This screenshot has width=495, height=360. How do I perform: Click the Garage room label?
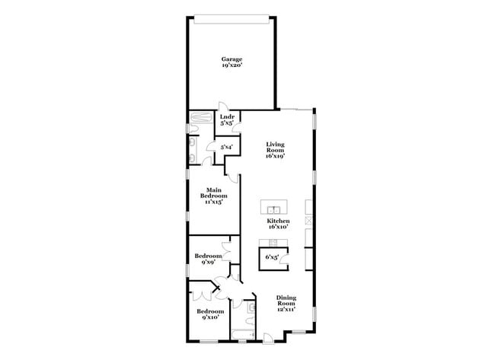(232, 59)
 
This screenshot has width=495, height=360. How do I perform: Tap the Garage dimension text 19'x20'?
(232, 65)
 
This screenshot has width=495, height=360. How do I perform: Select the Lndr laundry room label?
(226, 116)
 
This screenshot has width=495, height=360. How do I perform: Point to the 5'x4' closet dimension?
(226, 146)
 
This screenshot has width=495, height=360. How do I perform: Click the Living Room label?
(275, 148)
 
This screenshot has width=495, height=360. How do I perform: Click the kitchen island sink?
(272, 208)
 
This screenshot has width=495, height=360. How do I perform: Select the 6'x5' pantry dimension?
(272, 257)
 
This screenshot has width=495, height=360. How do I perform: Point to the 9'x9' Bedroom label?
(209, 260)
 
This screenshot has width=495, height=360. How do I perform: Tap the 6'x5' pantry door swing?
(284, 260)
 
